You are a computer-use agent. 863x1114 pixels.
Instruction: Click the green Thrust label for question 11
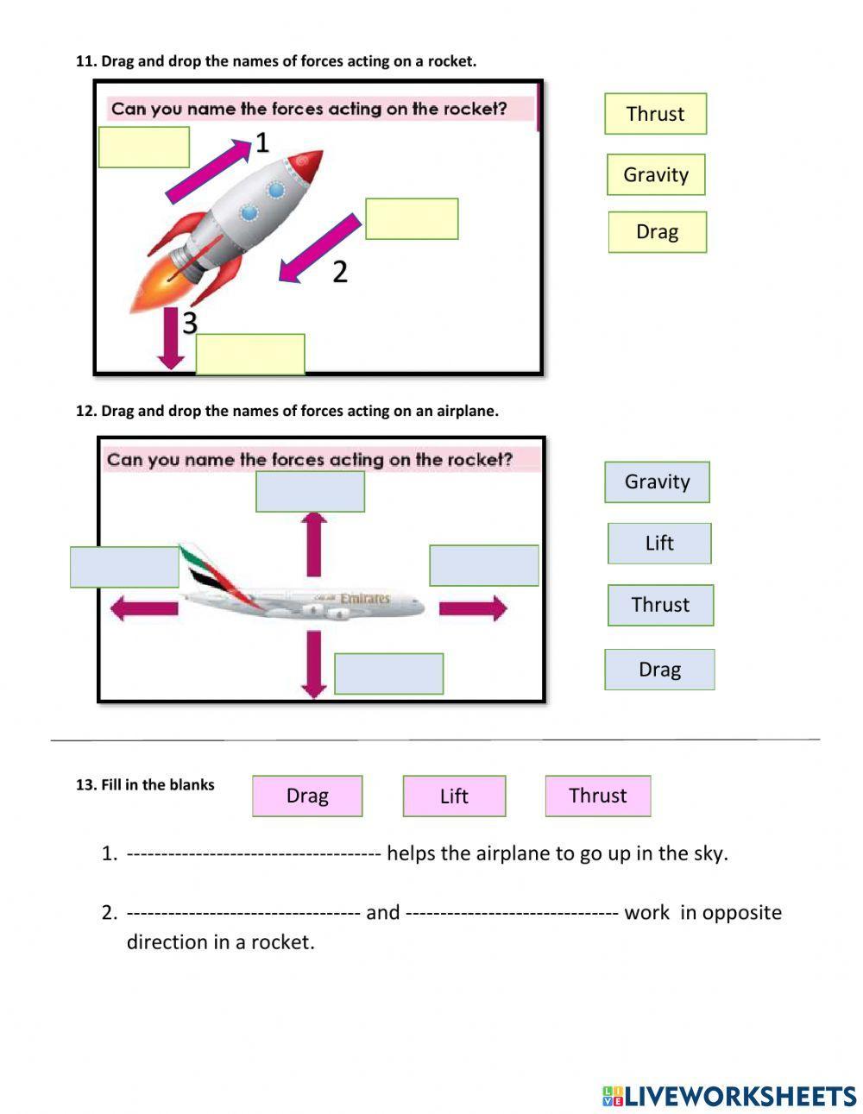655,114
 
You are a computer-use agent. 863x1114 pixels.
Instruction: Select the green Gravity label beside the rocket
656,174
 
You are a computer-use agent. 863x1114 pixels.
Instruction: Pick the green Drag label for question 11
657,232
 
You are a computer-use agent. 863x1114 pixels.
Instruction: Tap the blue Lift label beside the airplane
659,544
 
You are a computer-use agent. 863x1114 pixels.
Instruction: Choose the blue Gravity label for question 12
657,481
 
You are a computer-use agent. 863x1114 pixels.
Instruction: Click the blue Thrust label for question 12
660,605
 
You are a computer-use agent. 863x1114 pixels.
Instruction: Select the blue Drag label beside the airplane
659,670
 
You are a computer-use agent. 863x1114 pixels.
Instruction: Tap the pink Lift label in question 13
454,796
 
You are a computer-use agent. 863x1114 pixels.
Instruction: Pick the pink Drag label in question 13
307,796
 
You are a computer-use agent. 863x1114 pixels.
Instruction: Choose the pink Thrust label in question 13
597,796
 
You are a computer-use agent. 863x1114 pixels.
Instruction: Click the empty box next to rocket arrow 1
144,148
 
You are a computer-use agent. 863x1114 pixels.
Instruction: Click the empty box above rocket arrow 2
412,219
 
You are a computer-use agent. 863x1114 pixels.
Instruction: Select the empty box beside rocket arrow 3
250,354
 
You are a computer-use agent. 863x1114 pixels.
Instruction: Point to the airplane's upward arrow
313,544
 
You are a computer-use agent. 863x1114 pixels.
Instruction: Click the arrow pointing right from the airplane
472,608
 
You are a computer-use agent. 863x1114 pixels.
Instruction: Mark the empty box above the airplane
310,492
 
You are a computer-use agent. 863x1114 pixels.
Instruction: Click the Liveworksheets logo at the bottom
729,1096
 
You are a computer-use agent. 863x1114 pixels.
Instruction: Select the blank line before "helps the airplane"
254,854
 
